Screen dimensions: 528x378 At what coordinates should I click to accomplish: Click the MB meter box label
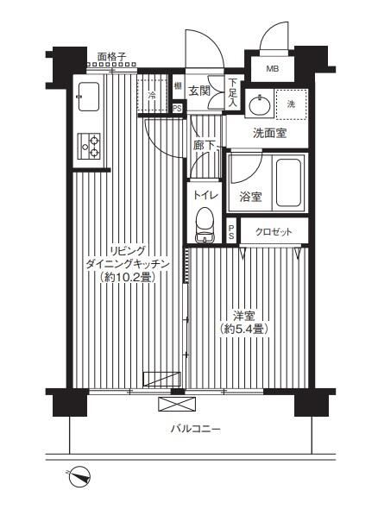point(272,70)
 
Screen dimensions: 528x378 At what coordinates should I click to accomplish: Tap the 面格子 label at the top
point(112,57)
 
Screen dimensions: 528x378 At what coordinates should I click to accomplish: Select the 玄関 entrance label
point(200,89)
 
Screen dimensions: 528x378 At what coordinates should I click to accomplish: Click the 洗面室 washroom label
point(269,134)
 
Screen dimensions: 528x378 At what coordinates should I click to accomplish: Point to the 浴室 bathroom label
point(251,196)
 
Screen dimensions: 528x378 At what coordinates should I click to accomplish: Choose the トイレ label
point(205,195)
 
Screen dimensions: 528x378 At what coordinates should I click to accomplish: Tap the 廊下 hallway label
point(204,147)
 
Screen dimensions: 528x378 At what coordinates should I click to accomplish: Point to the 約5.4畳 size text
point(243,329)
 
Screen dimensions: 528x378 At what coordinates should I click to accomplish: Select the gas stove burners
point(90,147)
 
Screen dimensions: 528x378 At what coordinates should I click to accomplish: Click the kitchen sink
point(90,97)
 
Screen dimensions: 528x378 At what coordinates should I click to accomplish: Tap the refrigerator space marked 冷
point(153,95)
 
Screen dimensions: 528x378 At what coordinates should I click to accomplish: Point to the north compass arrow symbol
point(79,474)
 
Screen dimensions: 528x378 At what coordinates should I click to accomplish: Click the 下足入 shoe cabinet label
point(233,92)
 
